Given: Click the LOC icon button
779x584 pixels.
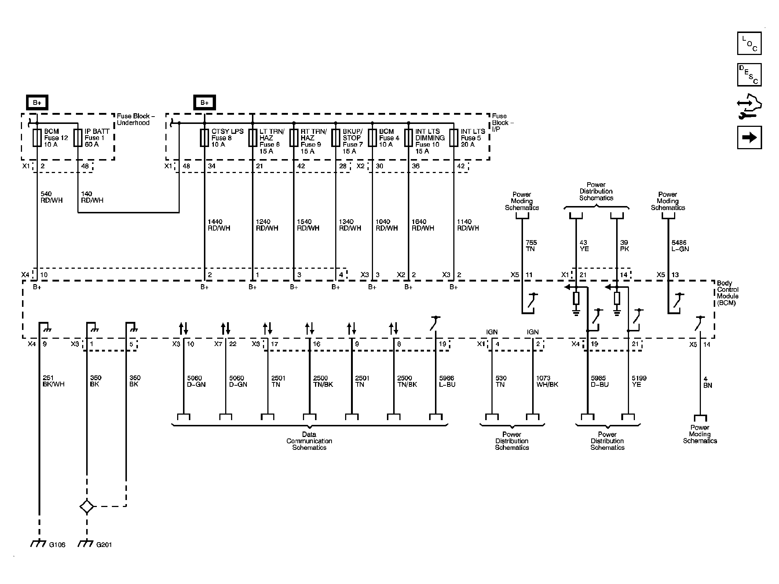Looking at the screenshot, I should tap(749, 44).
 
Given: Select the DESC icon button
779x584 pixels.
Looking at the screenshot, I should tap(749, 75).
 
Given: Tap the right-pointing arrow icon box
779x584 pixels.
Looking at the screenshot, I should tap(749, 137).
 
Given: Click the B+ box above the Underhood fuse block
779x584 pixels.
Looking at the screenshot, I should tap(37, 103).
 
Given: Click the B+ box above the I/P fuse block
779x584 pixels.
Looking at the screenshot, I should tap(204, 103).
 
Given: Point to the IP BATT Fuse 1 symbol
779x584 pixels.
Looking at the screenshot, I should tap(78, 138).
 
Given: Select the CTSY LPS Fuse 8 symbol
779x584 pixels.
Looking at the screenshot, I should tap(204, 138).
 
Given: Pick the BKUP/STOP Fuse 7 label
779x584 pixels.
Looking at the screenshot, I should tap(352, 141).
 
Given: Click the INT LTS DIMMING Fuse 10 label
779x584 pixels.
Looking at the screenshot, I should tap(430, 141).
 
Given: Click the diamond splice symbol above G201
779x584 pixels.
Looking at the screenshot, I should tap(87, 507).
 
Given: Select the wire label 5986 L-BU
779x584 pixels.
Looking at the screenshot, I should tap(447, 381).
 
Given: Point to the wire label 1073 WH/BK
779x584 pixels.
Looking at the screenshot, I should tap(547, 381).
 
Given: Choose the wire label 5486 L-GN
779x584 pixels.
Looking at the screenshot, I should tap(680, 246).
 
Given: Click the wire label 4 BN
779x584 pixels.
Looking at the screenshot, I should tap(707, 382).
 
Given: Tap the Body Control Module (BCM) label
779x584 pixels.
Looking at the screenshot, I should tap(728, 293).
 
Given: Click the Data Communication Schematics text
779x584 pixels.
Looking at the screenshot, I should tap(309, 441).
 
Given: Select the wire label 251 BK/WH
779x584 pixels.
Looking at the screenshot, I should tap(54, 381).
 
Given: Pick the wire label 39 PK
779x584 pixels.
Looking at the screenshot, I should tap(624, 246).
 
